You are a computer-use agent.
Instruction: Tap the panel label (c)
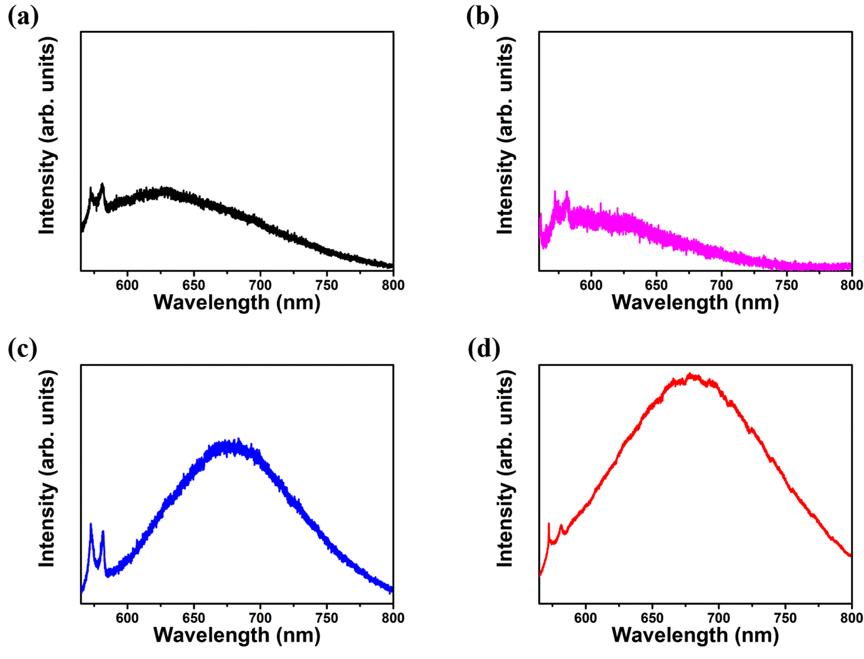click(23, 349)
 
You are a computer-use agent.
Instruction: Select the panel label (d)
click(483, 349)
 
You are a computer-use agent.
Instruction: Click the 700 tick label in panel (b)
click(721, 285)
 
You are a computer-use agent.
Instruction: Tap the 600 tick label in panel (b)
click(591, 285)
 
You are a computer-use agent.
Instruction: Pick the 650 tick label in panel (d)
click(652, 618)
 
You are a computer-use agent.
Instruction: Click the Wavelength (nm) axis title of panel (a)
click(236, 303)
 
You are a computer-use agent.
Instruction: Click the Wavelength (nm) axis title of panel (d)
click(695, 635)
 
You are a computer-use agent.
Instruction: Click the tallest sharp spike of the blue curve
click(91, 524)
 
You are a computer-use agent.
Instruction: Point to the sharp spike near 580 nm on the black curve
click(102, 184)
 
